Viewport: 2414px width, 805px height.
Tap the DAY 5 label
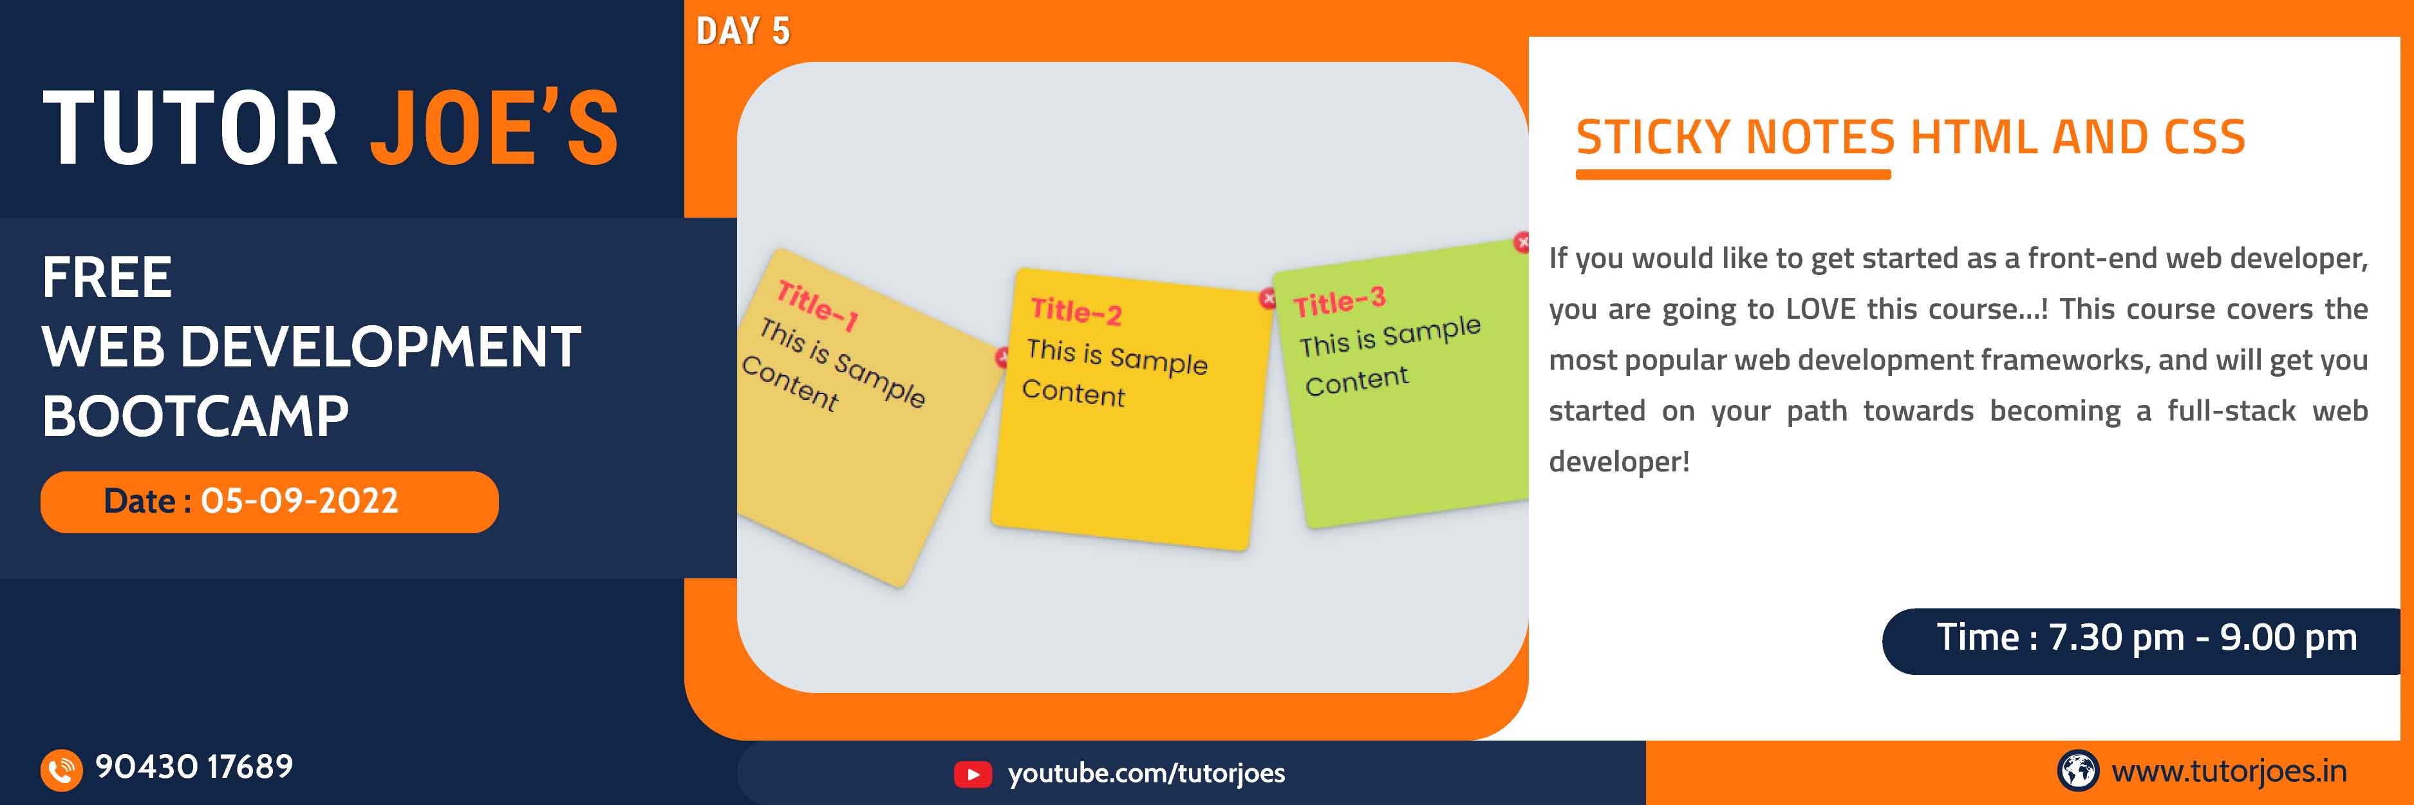(x=742, y=32)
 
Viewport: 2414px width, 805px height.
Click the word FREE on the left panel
(x=107, y=278)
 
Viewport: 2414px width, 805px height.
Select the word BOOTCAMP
(x=195, y=416)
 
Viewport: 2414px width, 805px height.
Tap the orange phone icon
(x=61, y=770)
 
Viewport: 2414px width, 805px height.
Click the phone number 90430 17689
(x=194, y=766)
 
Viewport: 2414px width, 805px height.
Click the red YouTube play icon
(x=972, y=774)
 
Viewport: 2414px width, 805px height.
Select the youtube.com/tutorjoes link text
(x=1146, y=773)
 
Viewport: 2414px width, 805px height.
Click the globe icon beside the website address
(x=2077, y=770)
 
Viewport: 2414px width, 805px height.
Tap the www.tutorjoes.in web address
(x=2229, y=772)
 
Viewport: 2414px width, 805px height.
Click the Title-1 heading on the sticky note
(x=817, y=305)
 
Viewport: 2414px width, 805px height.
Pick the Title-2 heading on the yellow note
(x=1076, y=310)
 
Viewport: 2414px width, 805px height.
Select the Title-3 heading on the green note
(x=1338, y=302)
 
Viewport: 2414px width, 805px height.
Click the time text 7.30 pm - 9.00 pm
(x=2202, y=638)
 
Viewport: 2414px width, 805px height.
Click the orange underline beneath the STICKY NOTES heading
(x=1733, y=175)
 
